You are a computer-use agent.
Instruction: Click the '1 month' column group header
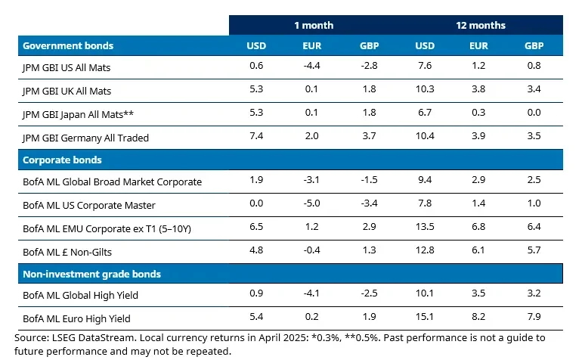pos(314,25)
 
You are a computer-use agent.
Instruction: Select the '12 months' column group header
pos(480,25)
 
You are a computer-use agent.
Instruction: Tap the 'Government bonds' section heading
pos(68,45)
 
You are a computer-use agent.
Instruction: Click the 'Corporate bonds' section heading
pos(62,160)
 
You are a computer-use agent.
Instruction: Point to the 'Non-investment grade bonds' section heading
pos(91,274)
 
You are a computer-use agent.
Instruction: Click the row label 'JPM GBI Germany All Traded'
pos(85,138)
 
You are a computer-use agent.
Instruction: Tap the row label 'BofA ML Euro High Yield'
pos(77,318)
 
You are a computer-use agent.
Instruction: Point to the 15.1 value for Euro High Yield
pos(426,318)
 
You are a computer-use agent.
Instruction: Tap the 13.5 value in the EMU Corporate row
pos(426,227)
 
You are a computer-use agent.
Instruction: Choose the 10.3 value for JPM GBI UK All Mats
pos(426,91)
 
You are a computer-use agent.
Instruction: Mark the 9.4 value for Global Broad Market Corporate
pos(426,182)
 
